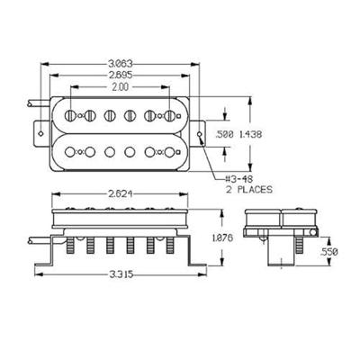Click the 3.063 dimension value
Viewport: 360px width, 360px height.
click(x=121, y=64)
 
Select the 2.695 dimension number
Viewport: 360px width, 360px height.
click(x=121, y=75)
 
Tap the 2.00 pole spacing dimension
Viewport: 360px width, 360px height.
click(x=121, y=87)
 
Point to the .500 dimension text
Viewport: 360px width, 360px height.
click(x=225, y=135)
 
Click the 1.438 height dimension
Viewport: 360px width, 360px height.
click(x=250, y=134)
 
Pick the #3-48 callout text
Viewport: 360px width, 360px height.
click(x=239, y=179)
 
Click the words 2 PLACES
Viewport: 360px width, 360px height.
click(x=249, y=190)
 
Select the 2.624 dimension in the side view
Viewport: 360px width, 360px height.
click(x=121, y=194)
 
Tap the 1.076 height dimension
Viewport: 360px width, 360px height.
click(x=222, y=238)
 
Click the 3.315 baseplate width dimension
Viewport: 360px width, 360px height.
click(x=121, y=274)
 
